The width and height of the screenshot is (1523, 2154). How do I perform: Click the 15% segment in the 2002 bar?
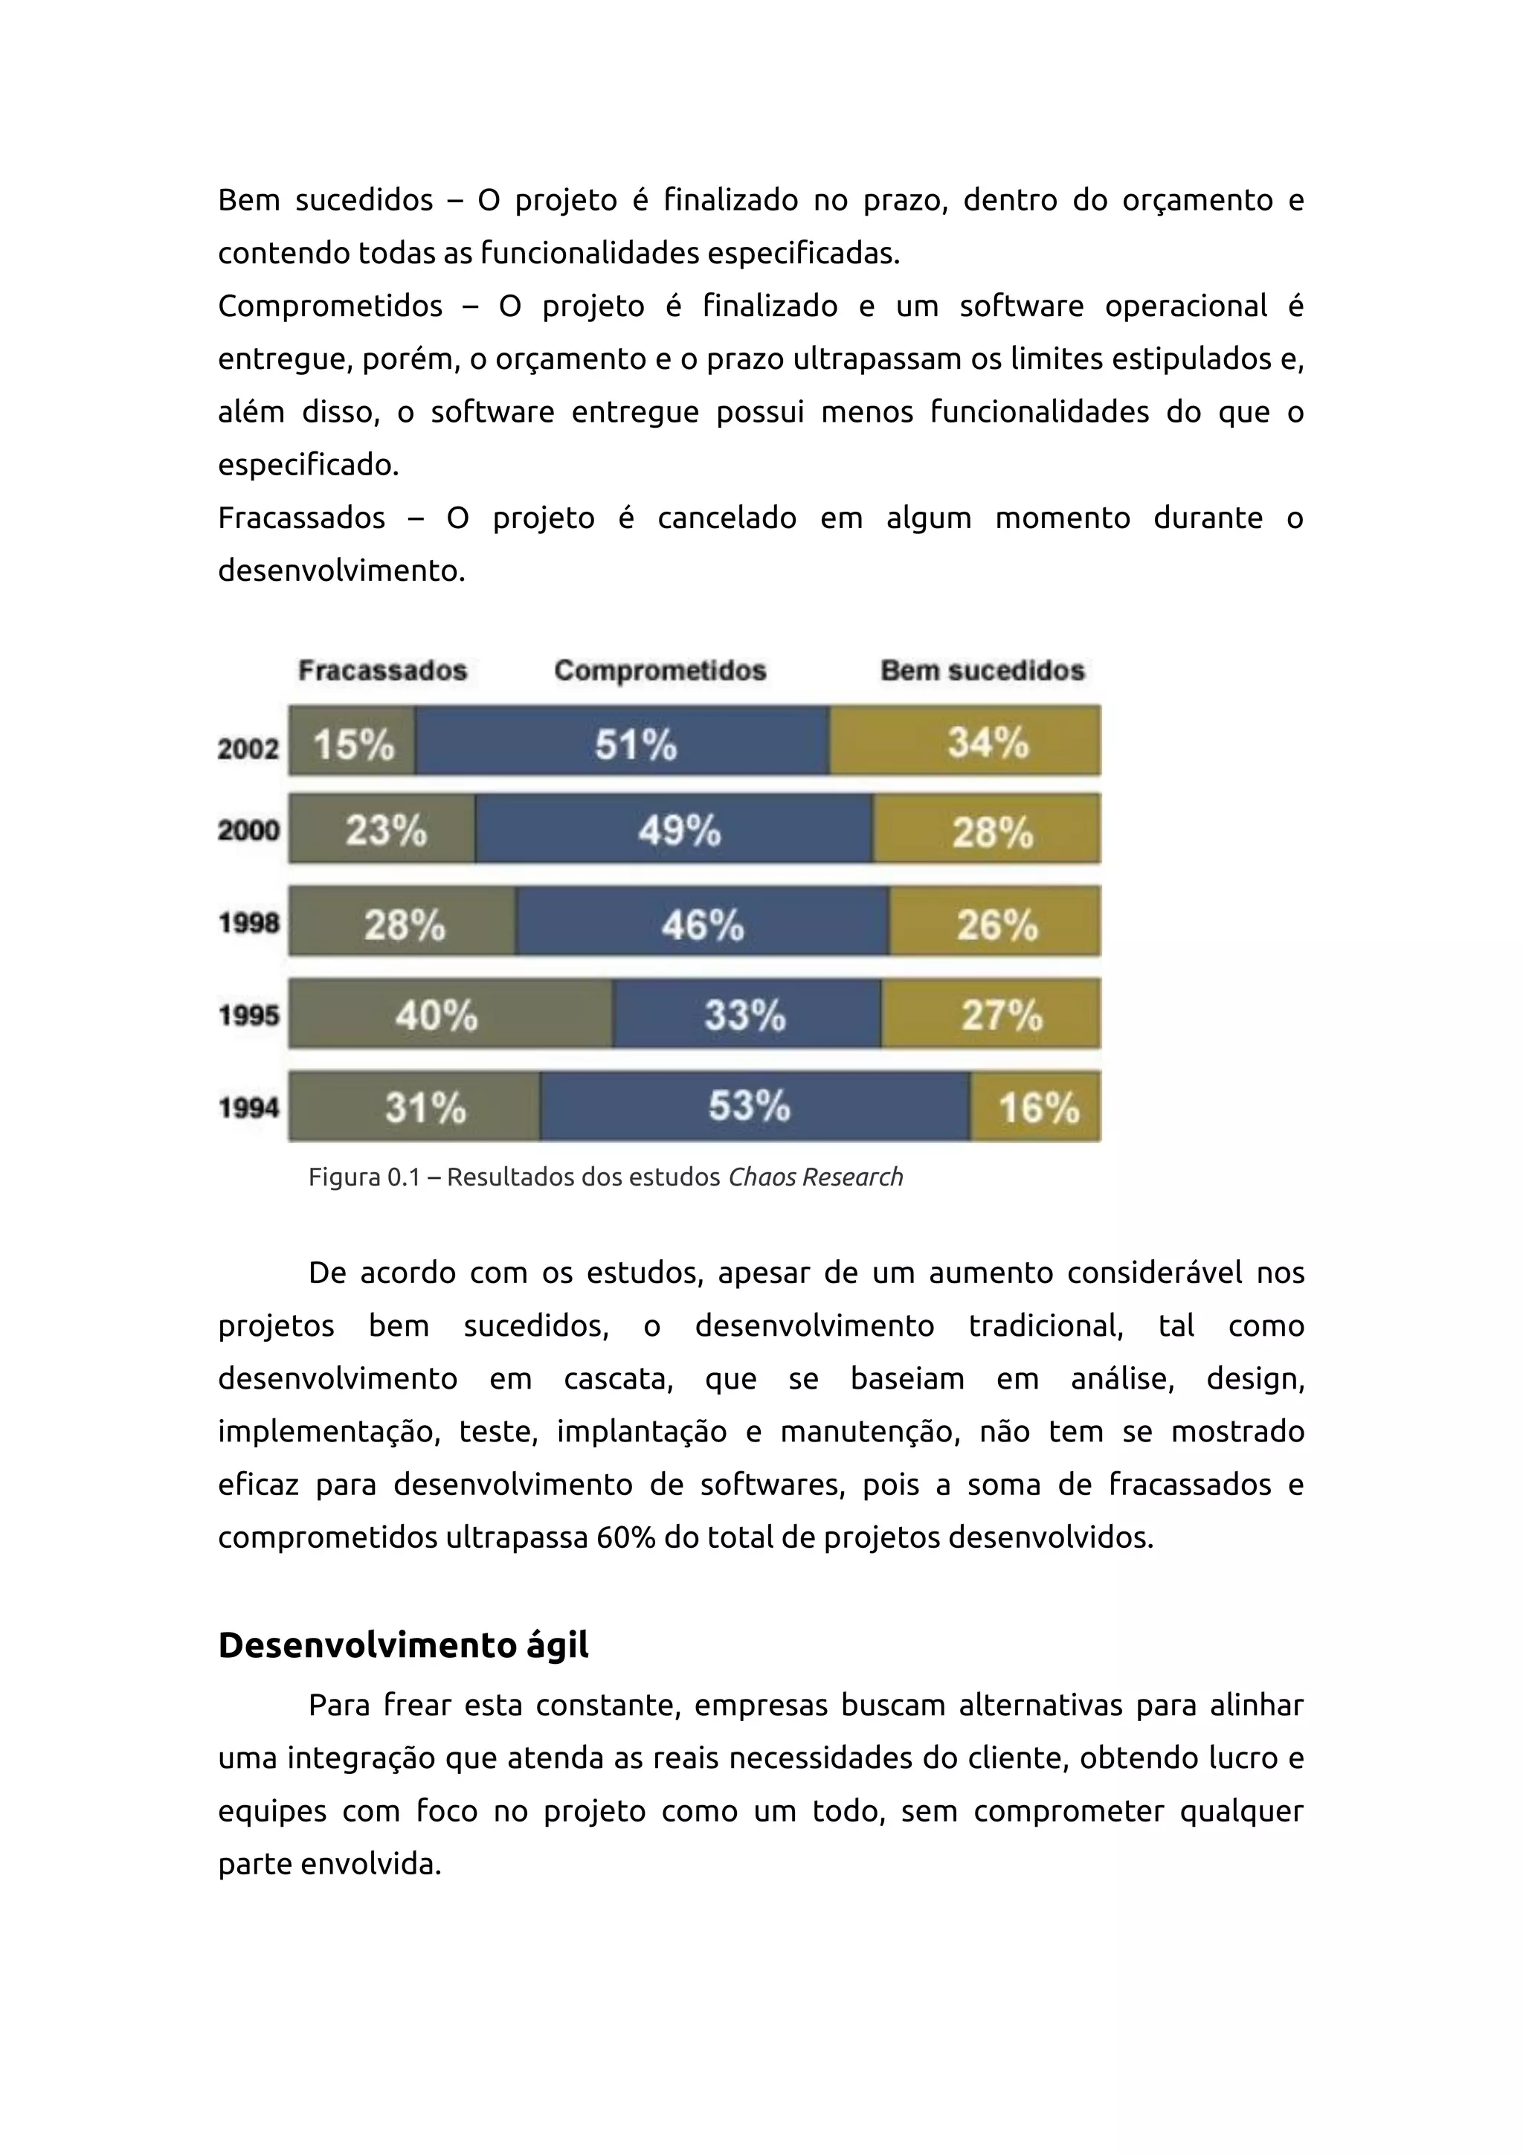[x=352, y=741]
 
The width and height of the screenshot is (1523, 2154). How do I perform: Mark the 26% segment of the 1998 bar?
[x=995, y=923]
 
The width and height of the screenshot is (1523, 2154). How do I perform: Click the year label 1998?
[x=248, y=924]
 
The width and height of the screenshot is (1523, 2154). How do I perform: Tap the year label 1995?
[x=248, y=1016]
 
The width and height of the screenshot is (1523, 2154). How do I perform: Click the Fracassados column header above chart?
[x=383, y=671]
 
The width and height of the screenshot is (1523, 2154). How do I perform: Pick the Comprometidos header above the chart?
[x=660, y=671]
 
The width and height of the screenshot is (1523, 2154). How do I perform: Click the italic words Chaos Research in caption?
[x=815, y=1177]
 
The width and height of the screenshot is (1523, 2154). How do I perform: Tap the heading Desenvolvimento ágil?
[x=403, y=1645]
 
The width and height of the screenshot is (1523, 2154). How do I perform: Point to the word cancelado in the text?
[x=727, y=518]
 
